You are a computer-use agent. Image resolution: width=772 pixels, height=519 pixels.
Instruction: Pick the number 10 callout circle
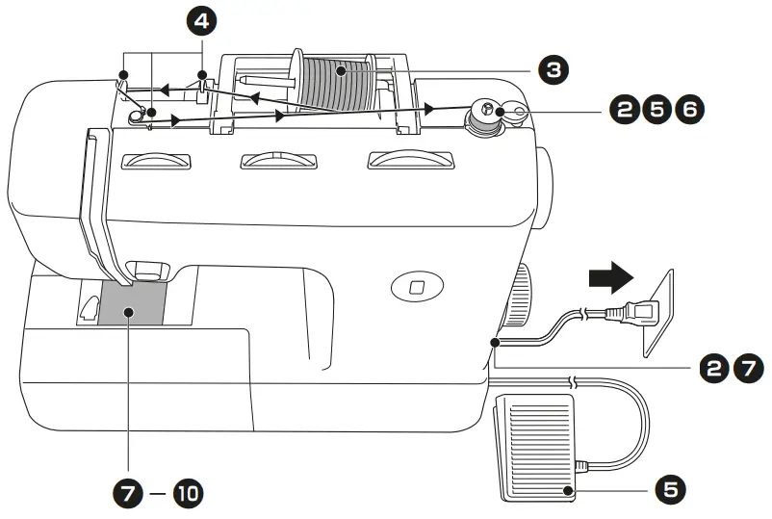point(188,495)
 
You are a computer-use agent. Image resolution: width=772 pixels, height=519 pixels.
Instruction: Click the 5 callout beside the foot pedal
point(671,489)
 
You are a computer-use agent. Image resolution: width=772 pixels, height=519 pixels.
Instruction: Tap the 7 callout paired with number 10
point(126,495)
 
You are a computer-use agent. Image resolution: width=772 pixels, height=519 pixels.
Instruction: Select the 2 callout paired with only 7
point(711,367)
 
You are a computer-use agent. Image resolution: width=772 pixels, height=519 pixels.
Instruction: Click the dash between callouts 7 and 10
point(157,495)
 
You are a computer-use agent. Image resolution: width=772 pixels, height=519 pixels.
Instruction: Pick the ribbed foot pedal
point(533,448)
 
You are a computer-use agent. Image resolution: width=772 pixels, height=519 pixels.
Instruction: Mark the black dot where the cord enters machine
point(494,343)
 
